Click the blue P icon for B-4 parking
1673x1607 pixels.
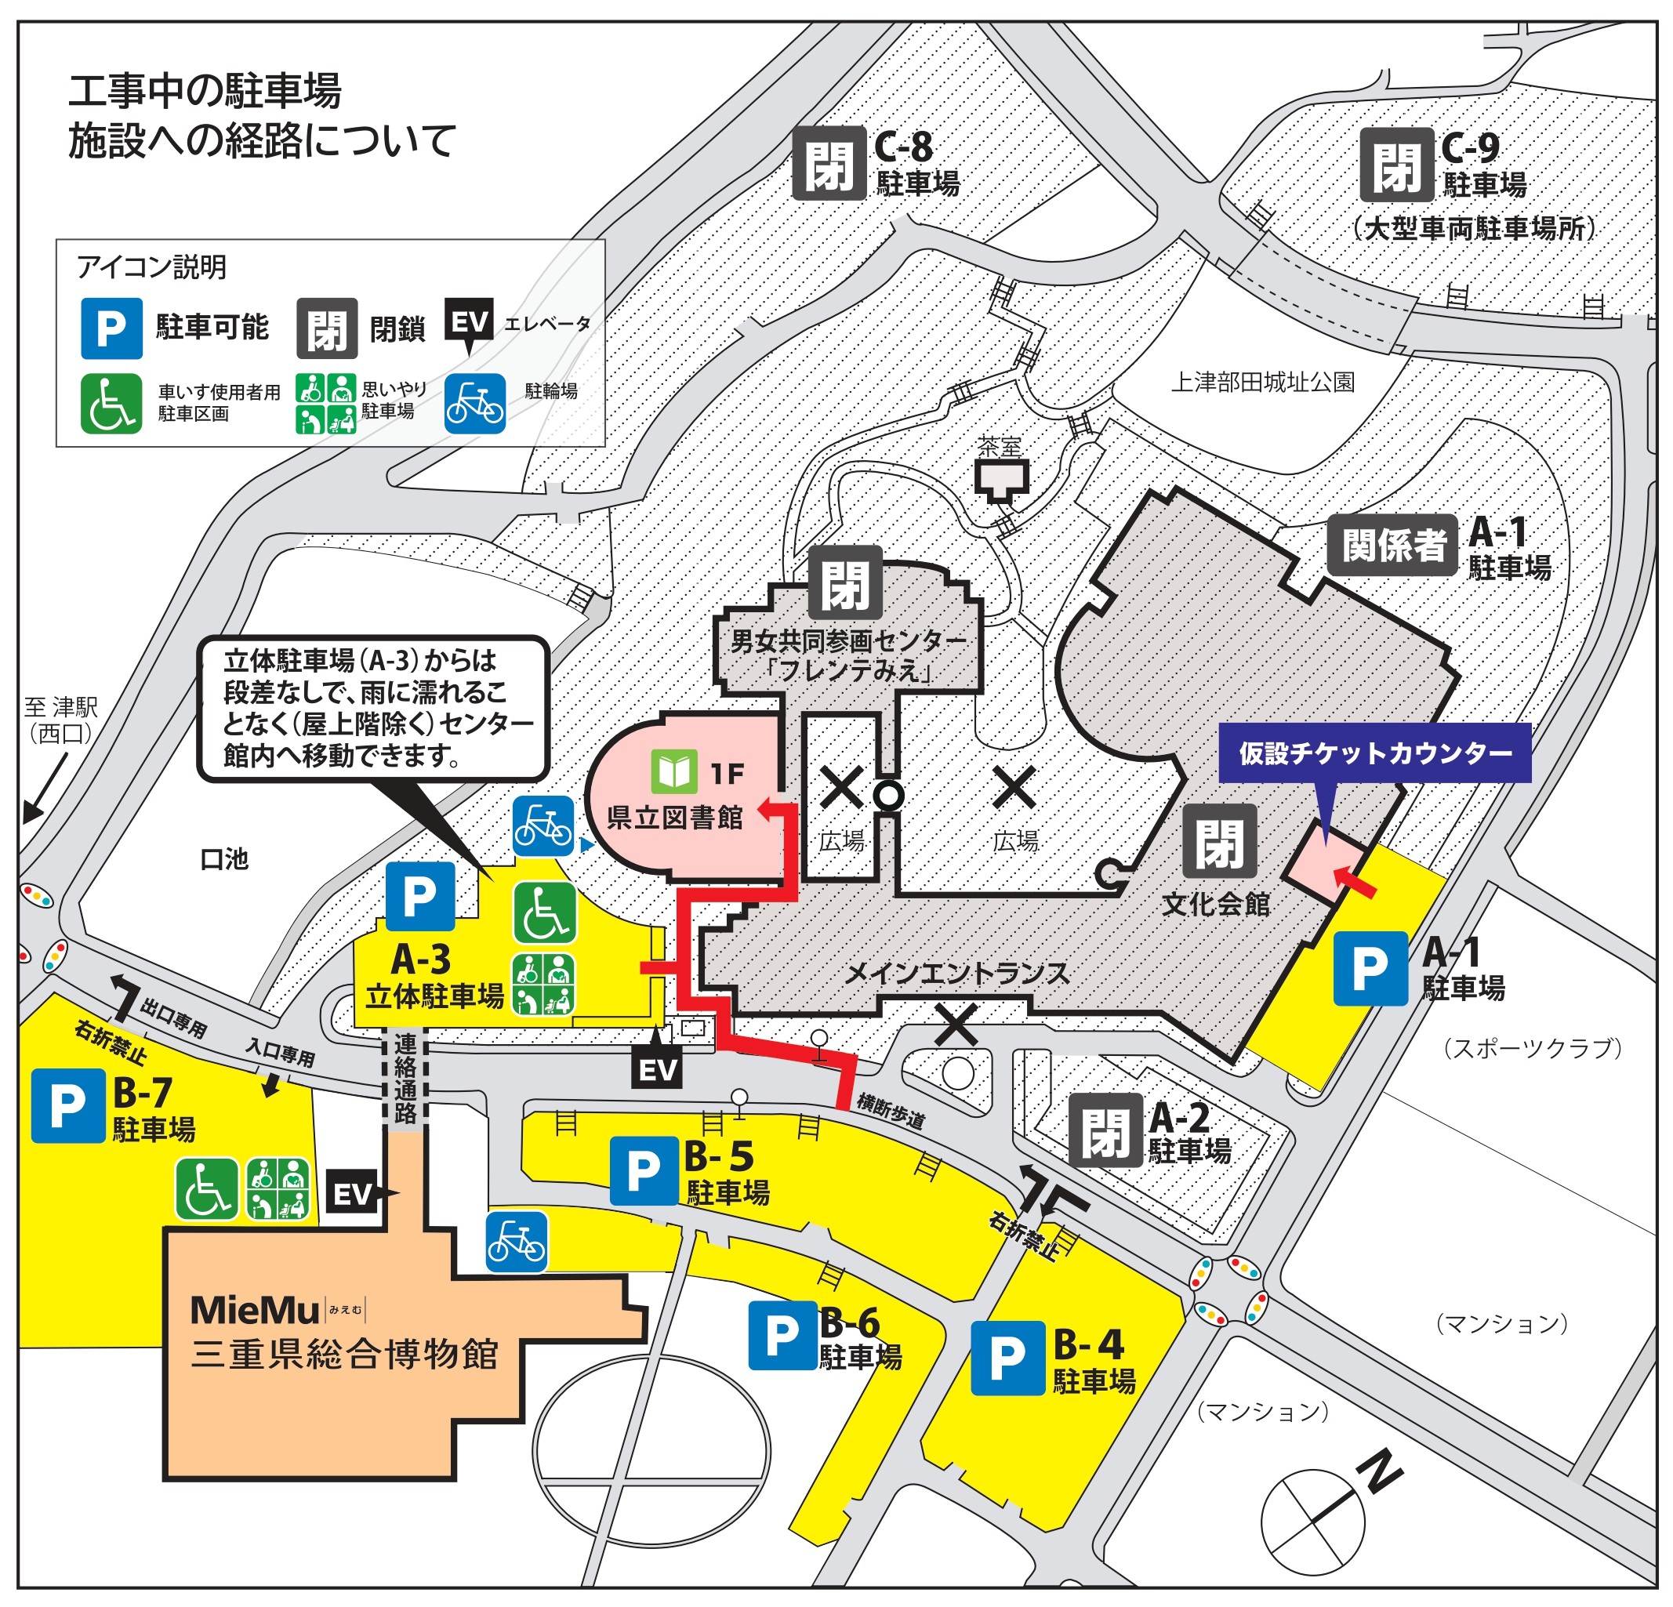pos(1007,1358)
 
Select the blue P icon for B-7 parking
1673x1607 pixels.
pos(67,1106)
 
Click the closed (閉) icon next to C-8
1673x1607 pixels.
pos(829,164)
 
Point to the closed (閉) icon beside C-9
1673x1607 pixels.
pos(1396,164)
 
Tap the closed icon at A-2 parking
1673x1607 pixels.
pos(1105,1130)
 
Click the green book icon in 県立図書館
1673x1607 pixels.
pos(674,771)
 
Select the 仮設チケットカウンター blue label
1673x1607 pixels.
pos(1374,753)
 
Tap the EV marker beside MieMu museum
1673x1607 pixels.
pos(352,1194)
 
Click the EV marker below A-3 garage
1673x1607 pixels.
pos(656,1070)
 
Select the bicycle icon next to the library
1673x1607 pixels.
pos(543,826)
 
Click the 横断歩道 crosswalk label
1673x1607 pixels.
pos(891,1111)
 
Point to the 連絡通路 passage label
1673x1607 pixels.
pos(405,1078)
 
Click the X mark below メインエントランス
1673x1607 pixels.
pos(956,1024)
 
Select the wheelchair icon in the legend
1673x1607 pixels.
pos(111,404)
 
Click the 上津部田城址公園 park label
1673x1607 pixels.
pos(1262,383)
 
